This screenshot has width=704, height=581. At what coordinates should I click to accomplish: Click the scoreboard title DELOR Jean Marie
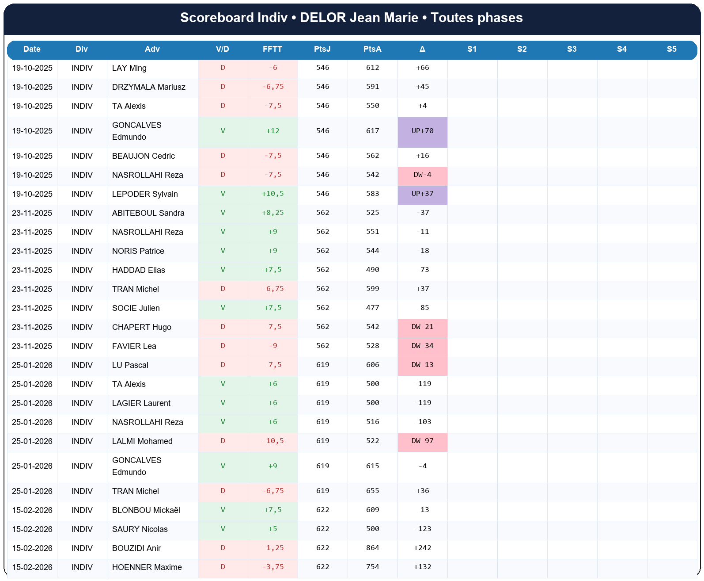click(x=352, y=18)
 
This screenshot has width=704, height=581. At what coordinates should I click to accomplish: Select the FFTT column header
click(x=273, y=49)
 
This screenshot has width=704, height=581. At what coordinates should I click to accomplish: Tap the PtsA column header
click(x=372, y=49)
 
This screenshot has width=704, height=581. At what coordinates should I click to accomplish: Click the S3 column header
click(x=572, y=49)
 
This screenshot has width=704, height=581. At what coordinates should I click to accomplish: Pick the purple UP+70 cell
click(x=423, y=131)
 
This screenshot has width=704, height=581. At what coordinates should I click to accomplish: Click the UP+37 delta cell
click(x=423, y=194)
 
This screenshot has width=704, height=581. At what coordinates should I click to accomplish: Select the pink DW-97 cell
click(x=423, y=441)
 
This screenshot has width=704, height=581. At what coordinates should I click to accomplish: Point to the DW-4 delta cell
click(x=423, y=175)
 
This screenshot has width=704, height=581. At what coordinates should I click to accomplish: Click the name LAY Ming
click(x=129, y=68)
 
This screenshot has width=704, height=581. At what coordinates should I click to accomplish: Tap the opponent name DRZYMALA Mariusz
click(x=149, y=87)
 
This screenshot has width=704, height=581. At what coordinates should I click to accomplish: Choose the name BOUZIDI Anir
click(x=136, y=548)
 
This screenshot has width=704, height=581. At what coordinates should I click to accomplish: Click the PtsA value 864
click(x=373, y=548)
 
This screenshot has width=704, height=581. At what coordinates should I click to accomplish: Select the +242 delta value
click(x=423, y=548)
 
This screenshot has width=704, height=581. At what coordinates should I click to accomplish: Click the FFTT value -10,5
click(x=273, y=441)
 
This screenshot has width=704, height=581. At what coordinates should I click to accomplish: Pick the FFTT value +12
click(x=273, y=131)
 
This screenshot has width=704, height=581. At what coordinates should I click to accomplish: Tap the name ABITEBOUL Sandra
click(x=148, y=213)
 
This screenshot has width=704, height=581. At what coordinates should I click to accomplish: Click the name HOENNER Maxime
click(x=147, y=567)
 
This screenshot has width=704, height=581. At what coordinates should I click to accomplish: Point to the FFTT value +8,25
click(x=273, y=213)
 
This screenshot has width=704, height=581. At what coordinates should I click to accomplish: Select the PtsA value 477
click(x=373, y=308)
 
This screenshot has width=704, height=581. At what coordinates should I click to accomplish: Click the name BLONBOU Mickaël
click(x=146, y=510)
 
